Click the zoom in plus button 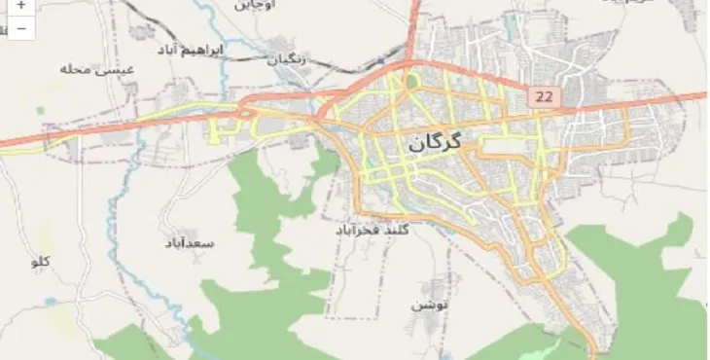click(20, 6)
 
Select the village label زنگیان click(287, 59)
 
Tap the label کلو click(41, 261)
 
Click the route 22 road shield click(543, 97)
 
